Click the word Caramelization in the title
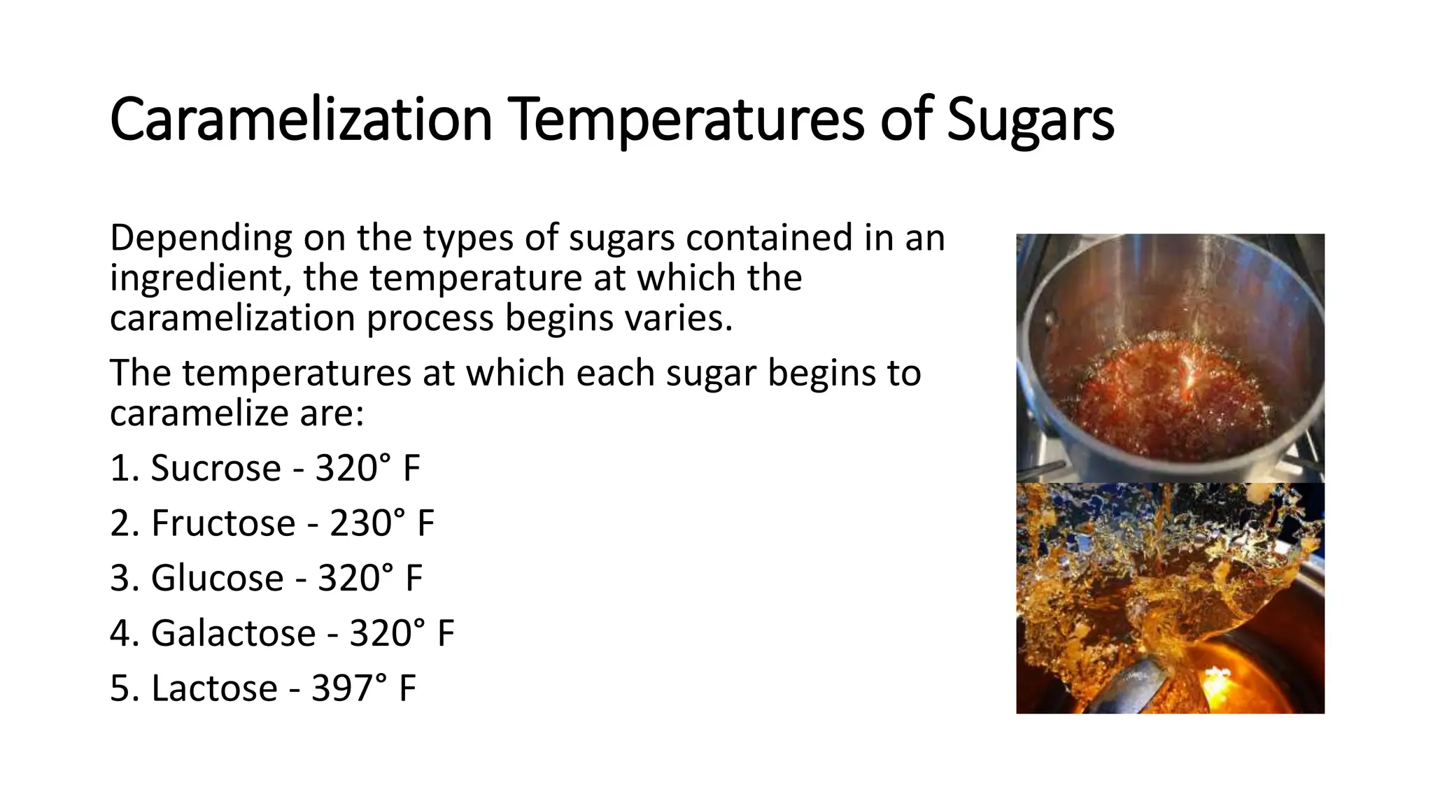pyautogui.click(x=301, y=120)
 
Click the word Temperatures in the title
pyautogui.click(x=687, y=120)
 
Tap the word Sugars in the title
pyautogui.click(x=1030, y=120)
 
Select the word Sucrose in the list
pyautogui.click(x=216, y=468)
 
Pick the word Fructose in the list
pyautogui.click(x=223, y=523)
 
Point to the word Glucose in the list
pyautogui.click(x=217, y=579)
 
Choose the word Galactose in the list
pyautogui.click(x=233, y=634)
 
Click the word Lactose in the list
pyautogui.click(x=214, y=688)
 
